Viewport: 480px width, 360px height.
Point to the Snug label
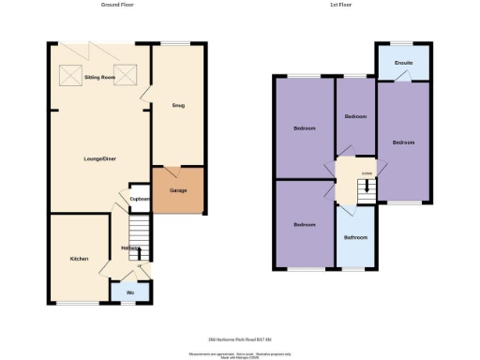tap(178, 105)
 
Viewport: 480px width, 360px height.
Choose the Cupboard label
tap(140, 199)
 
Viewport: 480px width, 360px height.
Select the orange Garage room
tap(178, 191)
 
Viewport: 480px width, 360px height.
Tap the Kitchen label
tap(79, 259)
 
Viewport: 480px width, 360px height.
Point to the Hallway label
tap(130, 248)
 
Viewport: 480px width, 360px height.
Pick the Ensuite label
tap(403, 64)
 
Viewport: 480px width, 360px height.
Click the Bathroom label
tap(355, 237)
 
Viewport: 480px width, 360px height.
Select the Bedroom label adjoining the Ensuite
tap(403, 142)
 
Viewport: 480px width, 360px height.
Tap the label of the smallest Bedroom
tap(354, 116)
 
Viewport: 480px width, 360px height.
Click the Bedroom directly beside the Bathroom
tap(303, 225)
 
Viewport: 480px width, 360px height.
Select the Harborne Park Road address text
tap(241, 338)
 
